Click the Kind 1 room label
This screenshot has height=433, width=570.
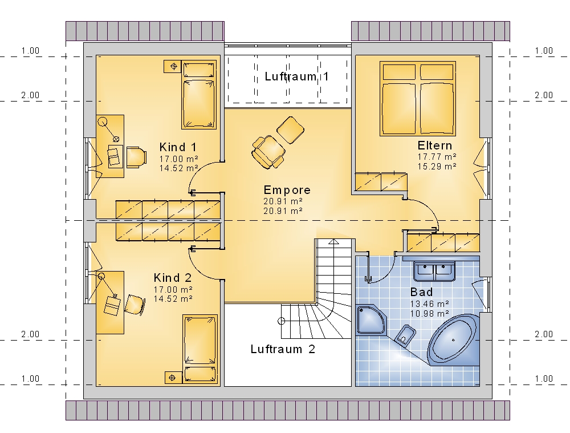pos(178,147)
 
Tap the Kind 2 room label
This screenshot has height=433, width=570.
pos(172,278)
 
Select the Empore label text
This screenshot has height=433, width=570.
pos(287,190)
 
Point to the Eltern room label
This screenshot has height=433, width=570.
pos(435,145)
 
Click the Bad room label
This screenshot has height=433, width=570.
pos(421,292)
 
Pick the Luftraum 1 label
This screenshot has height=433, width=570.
pos(296,76)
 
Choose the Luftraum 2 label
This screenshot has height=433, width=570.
pos(283,349)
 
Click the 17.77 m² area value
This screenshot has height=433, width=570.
pos(437,157)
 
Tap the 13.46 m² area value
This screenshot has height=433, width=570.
pos(430,304)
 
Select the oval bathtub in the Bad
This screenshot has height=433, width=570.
pos(453,340)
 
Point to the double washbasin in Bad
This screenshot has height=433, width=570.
pos(434,271)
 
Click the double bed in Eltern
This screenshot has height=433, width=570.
pos(418,99)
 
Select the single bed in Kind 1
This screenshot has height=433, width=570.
pos(199,95)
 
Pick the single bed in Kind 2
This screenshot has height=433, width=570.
pos(200,349)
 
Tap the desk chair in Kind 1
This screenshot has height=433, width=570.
pos(136,157)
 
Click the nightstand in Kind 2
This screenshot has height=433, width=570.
pos(172,378)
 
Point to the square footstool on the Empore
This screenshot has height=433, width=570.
pos(291,130)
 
